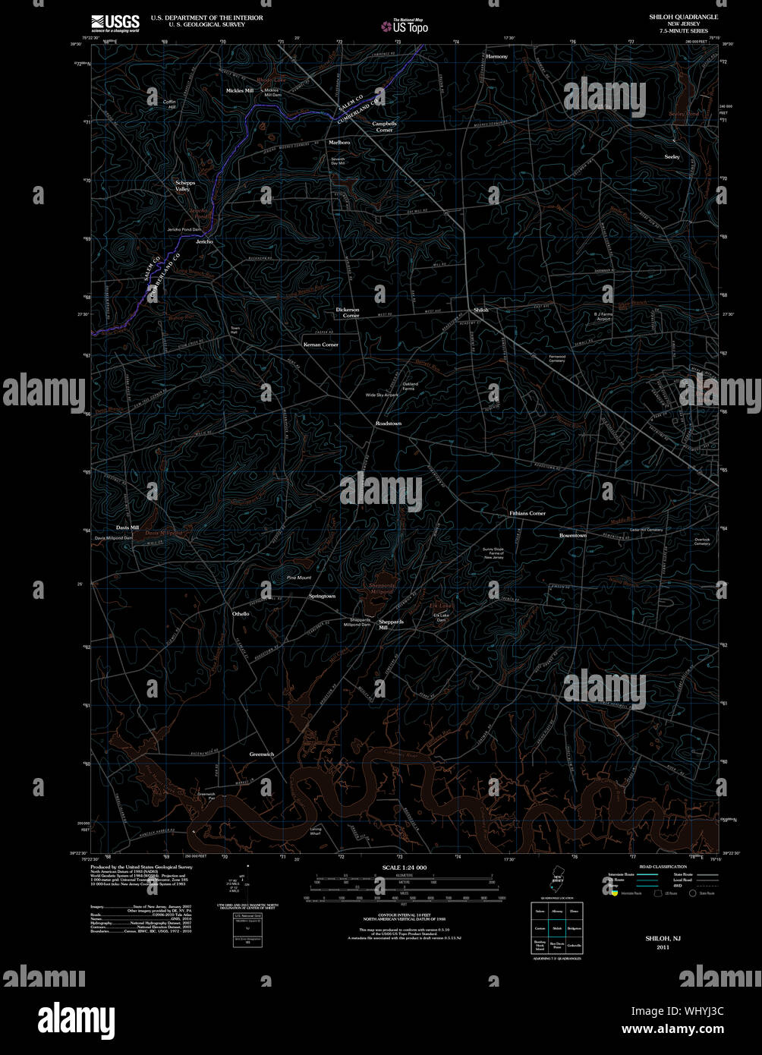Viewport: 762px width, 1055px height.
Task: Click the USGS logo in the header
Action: point(115,23)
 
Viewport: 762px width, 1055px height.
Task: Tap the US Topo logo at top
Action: point(405,27)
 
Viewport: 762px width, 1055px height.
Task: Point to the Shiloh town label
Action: point(481,310)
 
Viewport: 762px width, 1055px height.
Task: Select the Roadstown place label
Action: point(388,423)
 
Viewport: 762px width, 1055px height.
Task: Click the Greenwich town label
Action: point(261,754)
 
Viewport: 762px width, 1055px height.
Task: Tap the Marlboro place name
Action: point(338,142)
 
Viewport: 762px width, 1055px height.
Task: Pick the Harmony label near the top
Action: point(496,56)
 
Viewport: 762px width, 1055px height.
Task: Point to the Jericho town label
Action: point(204,241)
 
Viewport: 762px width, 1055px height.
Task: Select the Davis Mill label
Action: point(128,527)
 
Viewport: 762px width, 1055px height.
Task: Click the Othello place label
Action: point(241,613)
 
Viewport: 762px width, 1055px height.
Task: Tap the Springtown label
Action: point(322,596)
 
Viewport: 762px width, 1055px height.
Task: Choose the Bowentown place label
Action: point(573,535)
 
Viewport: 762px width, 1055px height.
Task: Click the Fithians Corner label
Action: point(527,514)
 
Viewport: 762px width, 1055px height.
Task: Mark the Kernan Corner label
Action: point(320,345)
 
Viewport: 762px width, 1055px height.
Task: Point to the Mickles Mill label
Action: point(239,90)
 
